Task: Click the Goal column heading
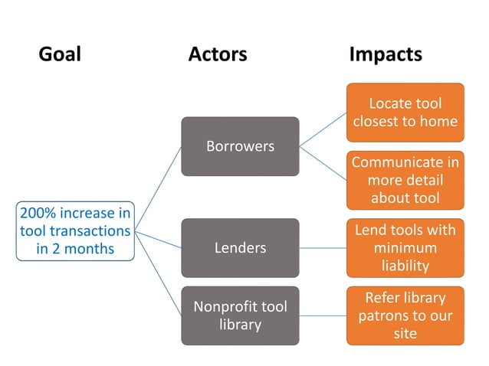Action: (59, 54)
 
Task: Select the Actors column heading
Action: (218, 54)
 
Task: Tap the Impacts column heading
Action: (386, 54)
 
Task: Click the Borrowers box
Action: (240, 146)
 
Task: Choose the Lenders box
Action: (240, 247)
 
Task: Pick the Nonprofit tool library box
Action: (240, 315)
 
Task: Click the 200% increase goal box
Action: (75, 230)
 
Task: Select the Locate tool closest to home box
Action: (405, 113)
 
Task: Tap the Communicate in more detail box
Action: (405, 181)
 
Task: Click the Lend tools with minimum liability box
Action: (405, 248)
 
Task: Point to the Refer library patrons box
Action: (405, 315)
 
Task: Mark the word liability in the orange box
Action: (405, 266)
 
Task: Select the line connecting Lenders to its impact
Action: (322, 247)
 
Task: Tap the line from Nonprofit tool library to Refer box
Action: (322, 315)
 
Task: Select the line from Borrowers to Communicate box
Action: (323, 162)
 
